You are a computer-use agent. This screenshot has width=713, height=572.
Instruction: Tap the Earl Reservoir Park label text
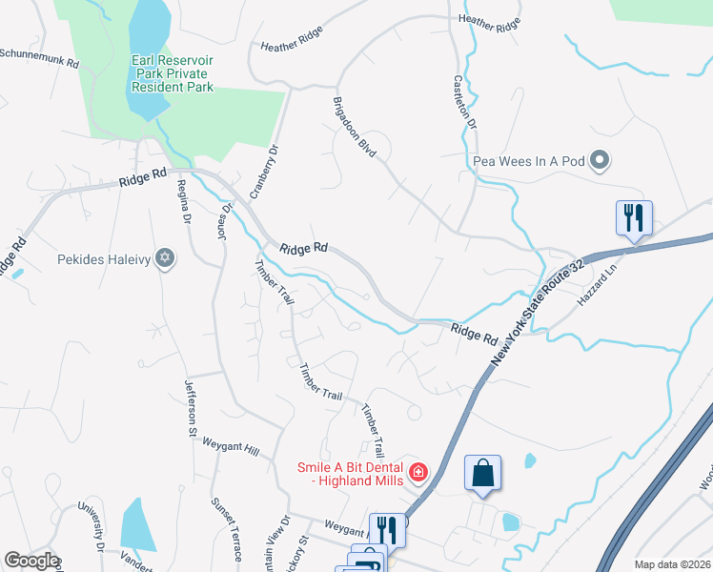(x=172, y=74)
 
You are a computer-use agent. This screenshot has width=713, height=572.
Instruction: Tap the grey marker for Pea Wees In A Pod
(x=600, y=160)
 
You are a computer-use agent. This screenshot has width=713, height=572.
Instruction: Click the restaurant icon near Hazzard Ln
(x=633, y=218)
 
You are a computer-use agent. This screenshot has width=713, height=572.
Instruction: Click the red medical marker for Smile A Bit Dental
(x=418, y=471)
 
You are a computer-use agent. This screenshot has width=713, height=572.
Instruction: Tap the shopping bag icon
(x=483, y=473)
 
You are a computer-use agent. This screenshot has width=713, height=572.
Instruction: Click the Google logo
(x=31, y=561)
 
